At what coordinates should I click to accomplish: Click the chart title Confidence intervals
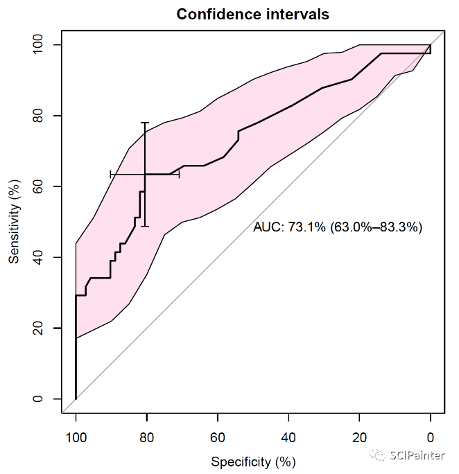pyautogui.click(x=252, y=14)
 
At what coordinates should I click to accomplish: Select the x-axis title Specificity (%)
pyautogui.click(x=253, y=462)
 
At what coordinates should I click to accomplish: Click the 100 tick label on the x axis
pyautogui.click(x=76, y=437)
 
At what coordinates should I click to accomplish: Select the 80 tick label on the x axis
pyautogui.click(x=146, y=437)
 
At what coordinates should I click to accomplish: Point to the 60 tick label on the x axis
pyautogui.click(x=218, y=437)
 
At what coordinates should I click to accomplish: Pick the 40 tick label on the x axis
pyautogui.click(x=288, y=437)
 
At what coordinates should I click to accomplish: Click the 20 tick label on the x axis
pyautogui.click(x=359, y=437)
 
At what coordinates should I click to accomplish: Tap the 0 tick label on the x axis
pyautogui.click(x=431, y=437)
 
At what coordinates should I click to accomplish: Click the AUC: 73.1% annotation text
pyautogui.click(x=338, y=227)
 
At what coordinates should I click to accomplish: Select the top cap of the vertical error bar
pyautogui.click(x=145, y=123)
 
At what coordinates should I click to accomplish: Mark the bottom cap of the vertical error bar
pyautogui.click(x=145, y=226)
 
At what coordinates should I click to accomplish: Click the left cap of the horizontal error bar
pyautogui.click(x=110, y=174)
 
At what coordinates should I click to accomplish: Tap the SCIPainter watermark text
pyautogui.click(x=416, y=455)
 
